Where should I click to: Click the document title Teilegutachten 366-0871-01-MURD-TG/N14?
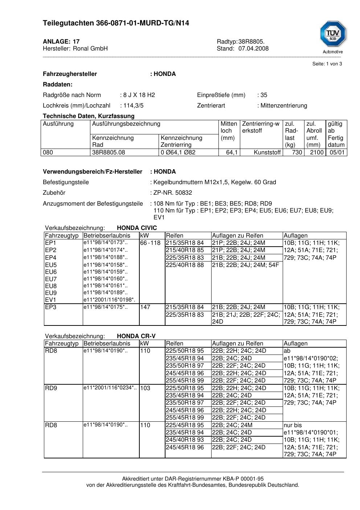tap(116, 23)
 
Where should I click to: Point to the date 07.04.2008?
tap(253, 49)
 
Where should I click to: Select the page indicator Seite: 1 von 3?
tap(327, 64)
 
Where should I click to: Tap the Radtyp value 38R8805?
tap(251, 42)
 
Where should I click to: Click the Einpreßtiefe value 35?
tap(264, 95)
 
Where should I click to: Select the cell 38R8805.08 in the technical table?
tap(109, 153)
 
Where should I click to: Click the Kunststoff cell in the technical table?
tap(267, 153)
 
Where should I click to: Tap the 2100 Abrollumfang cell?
tap(316, 153)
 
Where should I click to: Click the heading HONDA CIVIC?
tap(137, 228)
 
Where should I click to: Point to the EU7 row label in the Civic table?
tap(51, 279)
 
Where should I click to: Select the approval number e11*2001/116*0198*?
tap(109, 300)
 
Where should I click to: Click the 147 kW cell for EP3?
tap(145, 307)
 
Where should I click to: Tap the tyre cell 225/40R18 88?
tap(185, 265)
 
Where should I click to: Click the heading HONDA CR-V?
tap(136, 336)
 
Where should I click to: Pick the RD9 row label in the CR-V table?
tap(51, 388)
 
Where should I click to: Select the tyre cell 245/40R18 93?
tap(185, 440)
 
